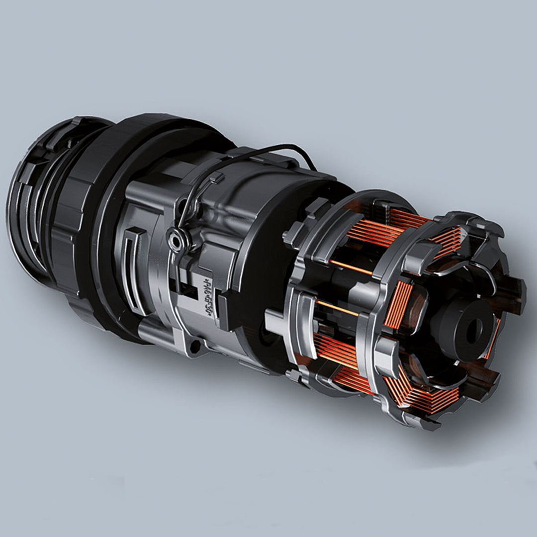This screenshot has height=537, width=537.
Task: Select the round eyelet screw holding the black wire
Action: [x=174, y=241]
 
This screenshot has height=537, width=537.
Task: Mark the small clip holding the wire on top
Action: [x=215, y=179]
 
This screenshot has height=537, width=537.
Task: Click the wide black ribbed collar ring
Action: [x=75, y=219]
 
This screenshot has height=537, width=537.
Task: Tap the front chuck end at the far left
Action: [x=25, y=209]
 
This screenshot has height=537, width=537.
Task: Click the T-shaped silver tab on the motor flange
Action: [x=278, y=318]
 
